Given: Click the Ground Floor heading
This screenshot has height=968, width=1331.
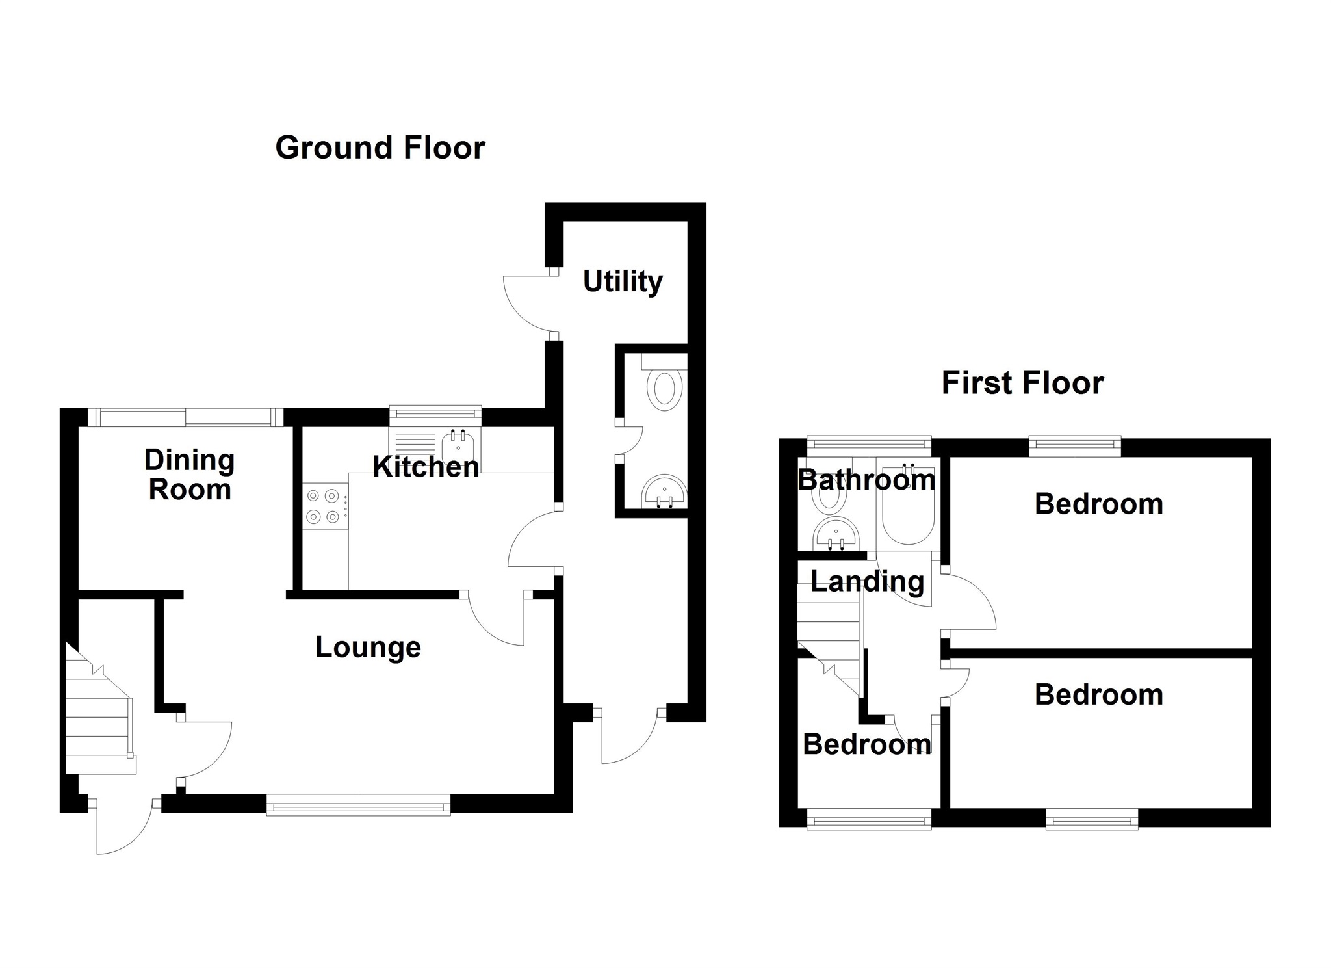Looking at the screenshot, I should coord(380,148).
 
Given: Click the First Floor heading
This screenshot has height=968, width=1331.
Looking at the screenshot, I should coord(1022,383).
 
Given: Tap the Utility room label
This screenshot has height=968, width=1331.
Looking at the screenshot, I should coord(623,281).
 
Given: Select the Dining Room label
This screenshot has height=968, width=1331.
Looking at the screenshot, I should coord(189,475).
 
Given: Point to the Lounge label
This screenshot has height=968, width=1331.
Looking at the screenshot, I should coord(368,647).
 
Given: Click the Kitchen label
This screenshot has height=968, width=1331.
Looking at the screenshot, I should coord(426,467).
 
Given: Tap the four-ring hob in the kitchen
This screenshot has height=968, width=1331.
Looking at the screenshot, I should coord(324,506).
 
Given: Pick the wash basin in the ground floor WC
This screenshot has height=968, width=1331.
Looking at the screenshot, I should coord(664,492).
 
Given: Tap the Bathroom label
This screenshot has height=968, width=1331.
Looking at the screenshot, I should coord(866,480).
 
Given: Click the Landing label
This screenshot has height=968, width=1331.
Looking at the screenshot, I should coord(867,581).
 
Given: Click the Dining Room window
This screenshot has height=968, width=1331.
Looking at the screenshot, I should coord(186,417).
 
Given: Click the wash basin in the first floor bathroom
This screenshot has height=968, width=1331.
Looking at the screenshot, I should coord(836,534).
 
